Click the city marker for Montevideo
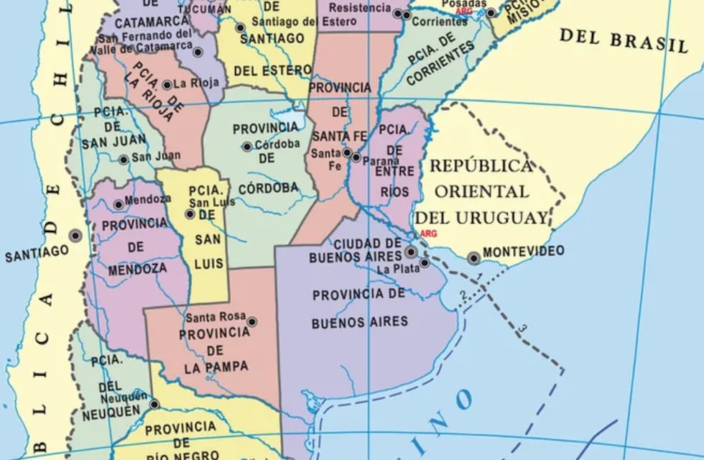473,257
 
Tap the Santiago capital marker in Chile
75,235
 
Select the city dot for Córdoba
247,147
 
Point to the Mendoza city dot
119,204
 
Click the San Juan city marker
124,160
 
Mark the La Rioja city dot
167,85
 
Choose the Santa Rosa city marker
251,321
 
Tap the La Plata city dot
425,263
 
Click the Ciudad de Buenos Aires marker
410,252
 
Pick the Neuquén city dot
154,405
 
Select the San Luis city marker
190,213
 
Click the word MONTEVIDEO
523,251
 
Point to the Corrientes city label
440,22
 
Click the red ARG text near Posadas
464,11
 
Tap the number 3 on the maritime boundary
522,328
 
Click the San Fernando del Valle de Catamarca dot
198,52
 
